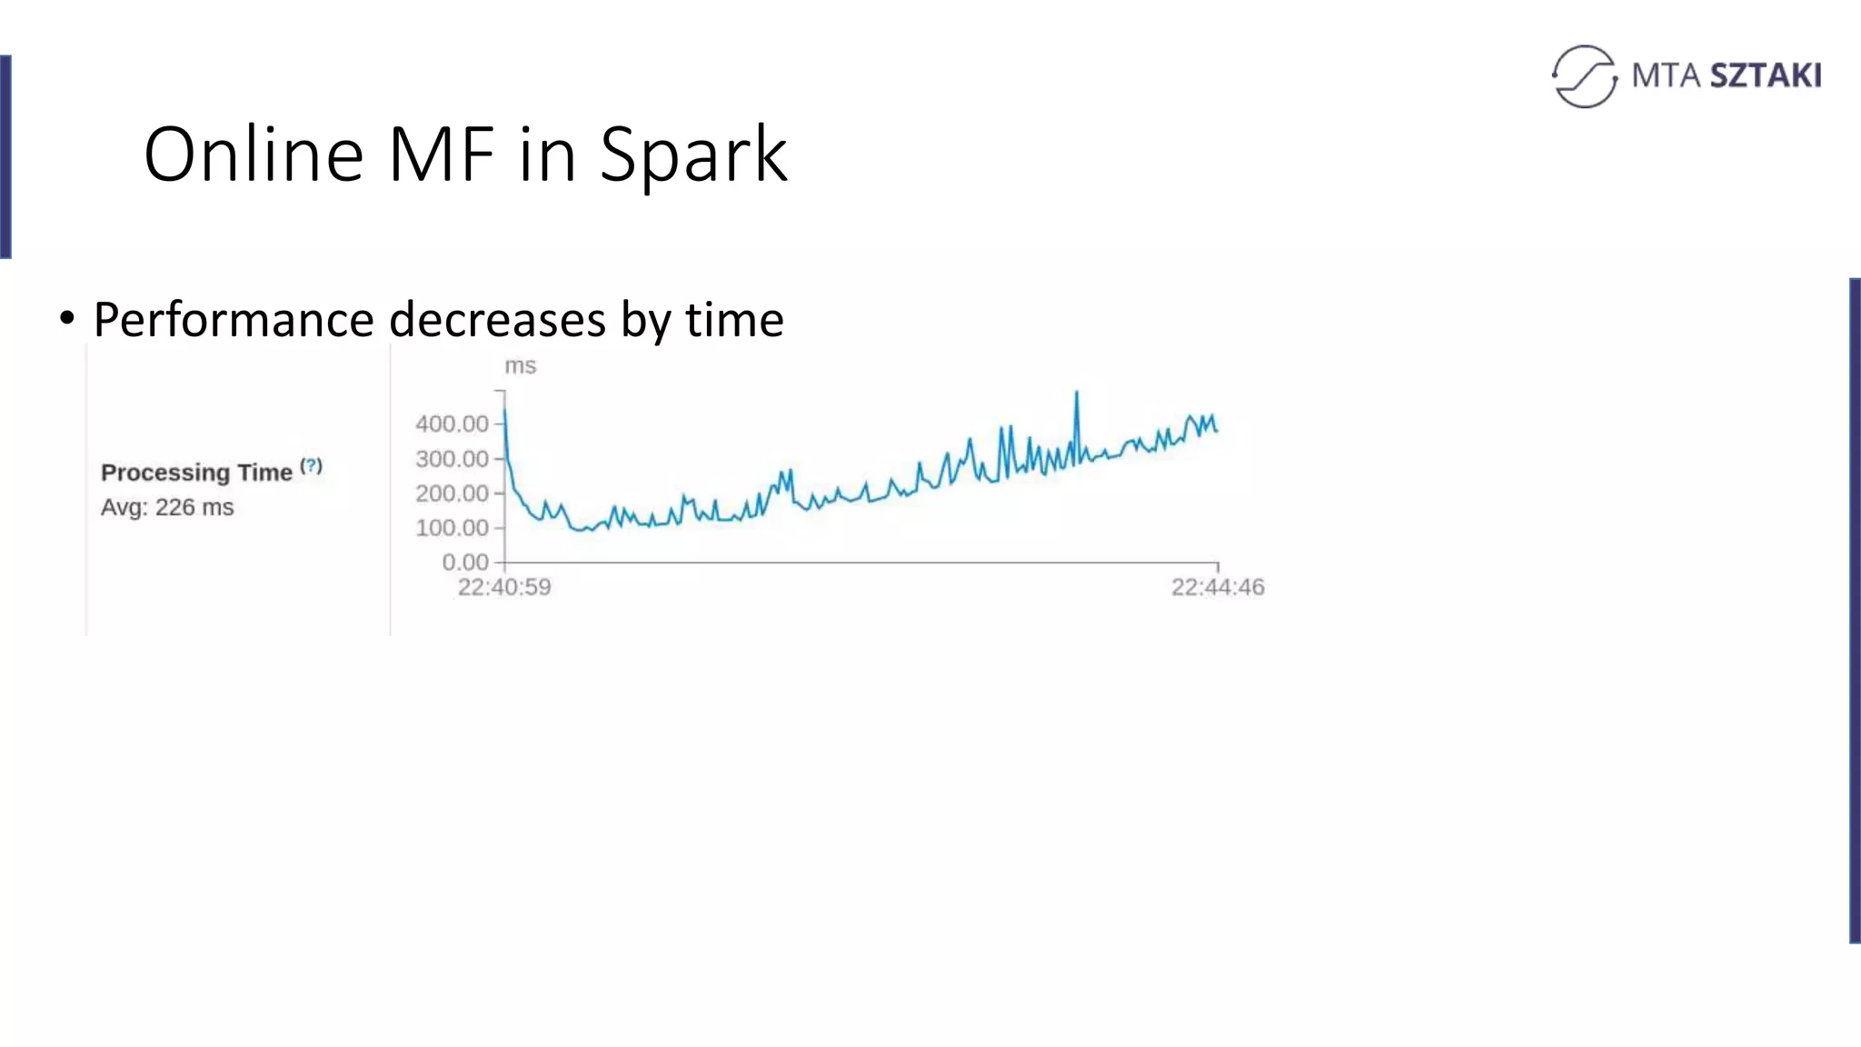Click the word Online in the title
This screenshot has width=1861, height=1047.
(254, 155)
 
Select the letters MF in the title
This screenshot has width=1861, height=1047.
(443, 155)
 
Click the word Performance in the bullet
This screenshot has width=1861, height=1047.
(234, 320)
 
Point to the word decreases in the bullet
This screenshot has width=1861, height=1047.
(498, 320)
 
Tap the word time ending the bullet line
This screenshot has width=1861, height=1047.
(734, 320)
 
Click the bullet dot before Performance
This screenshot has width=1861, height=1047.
(66, 319)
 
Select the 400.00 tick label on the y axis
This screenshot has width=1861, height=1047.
(452, 424)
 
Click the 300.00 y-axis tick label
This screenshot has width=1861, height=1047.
(452, 459)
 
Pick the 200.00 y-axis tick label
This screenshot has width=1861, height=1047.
(452, 494)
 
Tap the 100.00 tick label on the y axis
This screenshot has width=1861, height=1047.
(452, 528)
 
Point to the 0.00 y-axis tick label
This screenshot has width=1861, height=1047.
(464, 563)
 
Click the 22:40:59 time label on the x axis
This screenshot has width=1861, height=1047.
(504, 587)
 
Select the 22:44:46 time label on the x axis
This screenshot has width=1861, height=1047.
(1218, 587)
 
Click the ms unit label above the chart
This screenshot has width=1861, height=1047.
(521, 366)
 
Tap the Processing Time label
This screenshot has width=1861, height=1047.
(196, 473)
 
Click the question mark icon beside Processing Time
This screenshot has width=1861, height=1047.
(312, 466)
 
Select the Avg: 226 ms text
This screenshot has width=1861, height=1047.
(167, 507)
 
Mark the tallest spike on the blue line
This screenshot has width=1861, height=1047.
(1077, 394)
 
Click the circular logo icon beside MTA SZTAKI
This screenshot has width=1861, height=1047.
(1585, 76)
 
